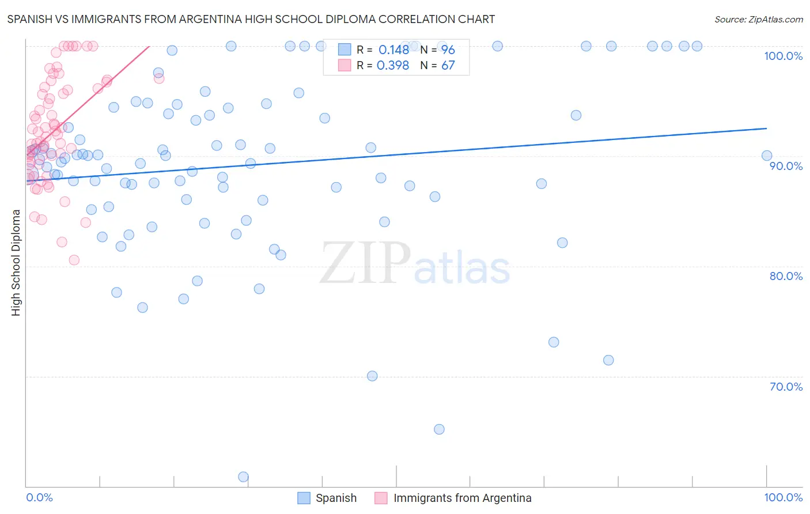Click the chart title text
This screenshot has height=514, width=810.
[x=251, y=19]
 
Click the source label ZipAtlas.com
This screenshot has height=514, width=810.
[x=758, y=19]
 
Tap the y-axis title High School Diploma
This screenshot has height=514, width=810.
[x=16, y=262]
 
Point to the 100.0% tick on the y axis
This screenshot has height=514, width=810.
[x=783, y=56]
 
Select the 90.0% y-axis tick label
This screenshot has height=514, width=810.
[x=786, y=166]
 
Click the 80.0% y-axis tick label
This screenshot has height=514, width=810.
[x=786, y=276]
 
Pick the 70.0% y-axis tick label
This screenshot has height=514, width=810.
[x=786, y=387]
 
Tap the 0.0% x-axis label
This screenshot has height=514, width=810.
[x=39, y=497]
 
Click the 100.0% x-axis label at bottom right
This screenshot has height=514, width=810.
[x=783, y=497]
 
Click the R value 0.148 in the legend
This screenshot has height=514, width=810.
[x=393, y=50]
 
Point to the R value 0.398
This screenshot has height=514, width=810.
[x=392, y=65]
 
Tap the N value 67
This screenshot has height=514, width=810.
[x=448, y=65]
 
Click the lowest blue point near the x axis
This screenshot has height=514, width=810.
[x=243, y=477]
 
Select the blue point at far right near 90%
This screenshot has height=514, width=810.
[x=766, y=156]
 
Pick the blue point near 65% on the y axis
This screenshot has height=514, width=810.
[x=439, y=429]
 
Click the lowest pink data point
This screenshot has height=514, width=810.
[x=74, y=260]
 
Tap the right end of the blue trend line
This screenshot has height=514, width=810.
[x=766, y=128]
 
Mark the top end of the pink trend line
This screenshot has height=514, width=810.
[x=149, y=46]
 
